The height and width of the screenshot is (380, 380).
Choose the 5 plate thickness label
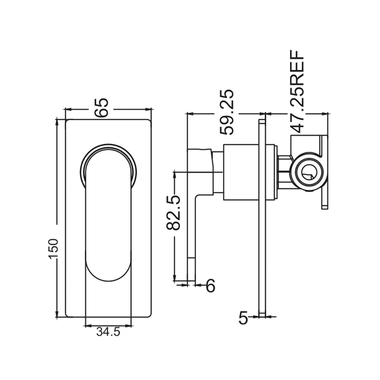(243, 318)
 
